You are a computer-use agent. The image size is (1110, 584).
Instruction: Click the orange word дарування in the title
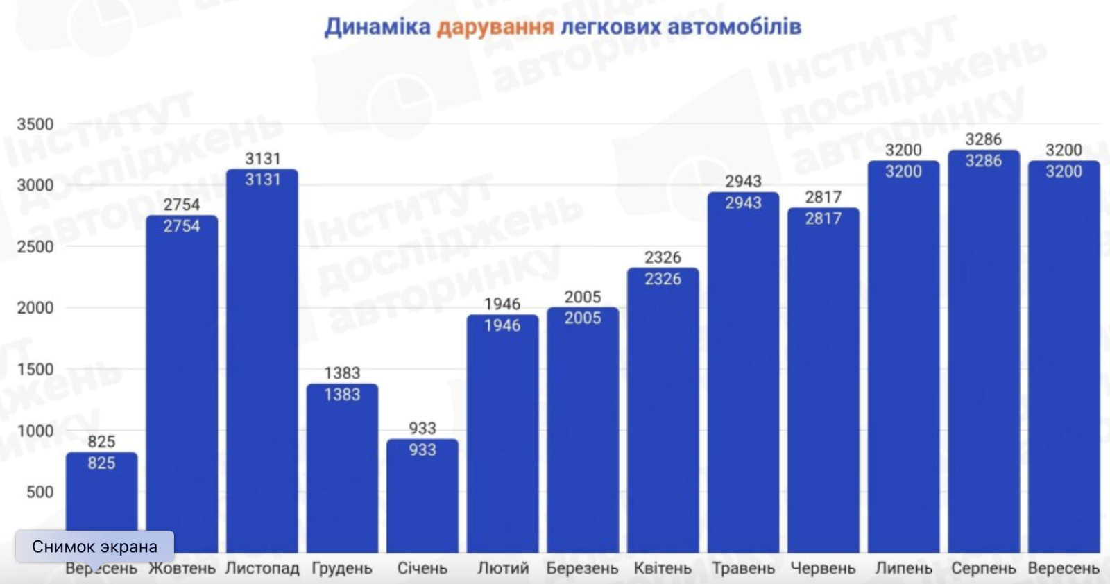pos(495,27)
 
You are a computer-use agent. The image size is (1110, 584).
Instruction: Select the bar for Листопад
pos(262,361)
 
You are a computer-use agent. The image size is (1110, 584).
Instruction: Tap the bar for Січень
pos(422,496)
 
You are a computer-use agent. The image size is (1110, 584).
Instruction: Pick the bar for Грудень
pos(343,468)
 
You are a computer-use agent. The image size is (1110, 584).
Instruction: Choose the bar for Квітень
pos(663,410)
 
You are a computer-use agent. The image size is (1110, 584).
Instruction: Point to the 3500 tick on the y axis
pos(35,124)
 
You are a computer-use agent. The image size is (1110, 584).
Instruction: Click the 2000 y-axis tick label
pos(35,308)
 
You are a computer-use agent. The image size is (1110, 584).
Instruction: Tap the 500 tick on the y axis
pos(40,492)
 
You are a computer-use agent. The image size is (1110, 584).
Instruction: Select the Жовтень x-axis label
pos(182,569)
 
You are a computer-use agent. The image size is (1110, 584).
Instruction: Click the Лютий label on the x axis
pos(503,569)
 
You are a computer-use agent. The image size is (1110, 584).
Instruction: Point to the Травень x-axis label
pos(743,569)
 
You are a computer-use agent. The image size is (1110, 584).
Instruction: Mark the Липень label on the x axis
pos(903,569)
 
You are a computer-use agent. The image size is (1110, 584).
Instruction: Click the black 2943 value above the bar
pos(743,182)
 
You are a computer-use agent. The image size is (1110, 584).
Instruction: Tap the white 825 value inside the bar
pos(101,463)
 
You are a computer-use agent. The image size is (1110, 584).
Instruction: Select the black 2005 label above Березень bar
pos(583,298)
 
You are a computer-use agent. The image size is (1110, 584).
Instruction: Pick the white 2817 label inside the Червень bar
pos(823,219)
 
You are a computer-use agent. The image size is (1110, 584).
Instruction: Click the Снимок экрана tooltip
pos(94,547)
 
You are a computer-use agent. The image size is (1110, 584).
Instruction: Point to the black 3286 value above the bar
pos(984,139)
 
